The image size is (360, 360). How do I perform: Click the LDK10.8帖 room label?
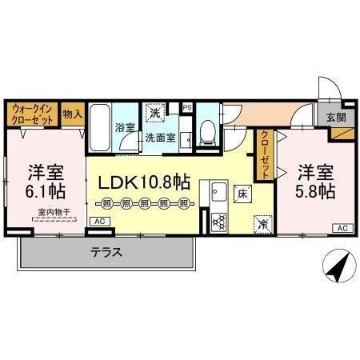(x=144, y=182)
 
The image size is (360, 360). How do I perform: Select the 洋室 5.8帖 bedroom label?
(x=316, y=182)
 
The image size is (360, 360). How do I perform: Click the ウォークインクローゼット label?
(x=32, y=112)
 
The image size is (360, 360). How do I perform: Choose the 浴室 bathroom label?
(x=124, y=127)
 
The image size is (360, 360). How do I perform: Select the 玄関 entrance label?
(x=336, y=116)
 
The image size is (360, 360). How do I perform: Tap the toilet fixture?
(x=206, y=130)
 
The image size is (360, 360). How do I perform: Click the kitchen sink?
(x=218, y=193)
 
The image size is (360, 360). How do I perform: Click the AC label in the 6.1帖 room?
(x=98, y=221)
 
